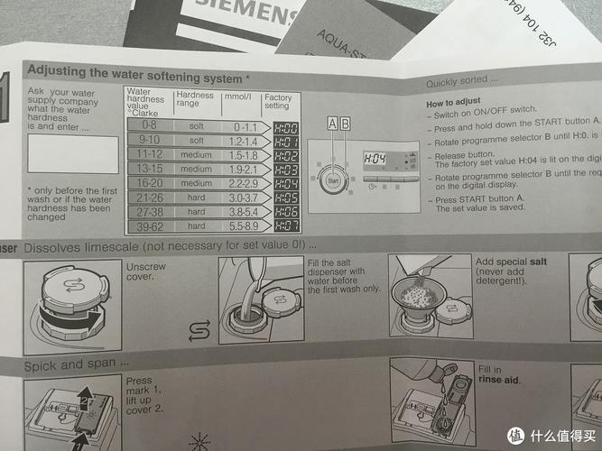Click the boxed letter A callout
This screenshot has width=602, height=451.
(332, 123)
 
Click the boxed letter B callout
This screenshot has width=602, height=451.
(345, 123)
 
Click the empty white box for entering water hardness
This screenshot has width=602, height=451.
(72, 154)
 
